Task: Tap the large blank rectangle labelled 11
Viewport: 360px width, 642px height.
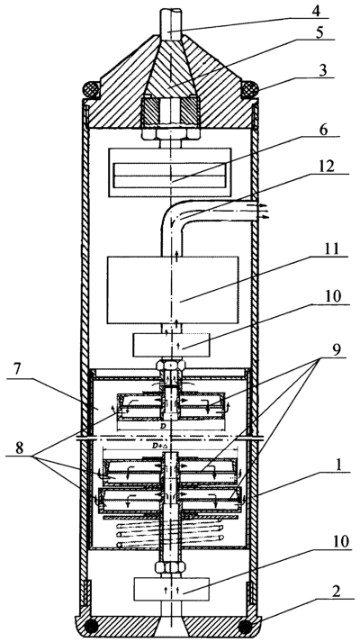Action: pyautogui.click(x=173, y=290)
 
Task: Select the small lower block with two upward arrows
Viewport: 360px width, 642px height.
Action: pyautogui.click(x=171, y=589)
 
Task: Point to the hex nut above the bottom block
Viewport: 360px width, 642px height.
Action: pyautogui.click(x=171, y=568)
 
